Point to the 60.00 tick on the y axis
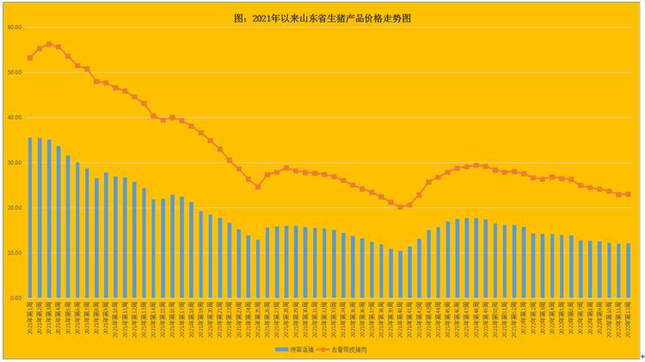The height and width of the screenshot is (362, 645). [x=14, y=28]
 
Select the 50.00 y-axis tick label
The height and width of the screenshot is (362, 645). [x=14, y=72]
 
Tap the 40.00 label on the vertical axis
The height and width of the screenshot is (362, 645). [x=14, y=118]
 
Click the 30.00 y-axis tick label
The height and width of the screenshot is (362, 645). [x=14, y=163]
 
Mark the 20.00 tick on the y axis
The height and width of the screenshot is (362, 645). [x=14, y=208]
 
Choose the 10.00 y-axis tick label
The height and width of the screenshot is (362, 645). [x=14, y=253]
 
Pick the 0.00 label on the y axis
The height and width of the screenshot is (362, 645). [x=15, y=298]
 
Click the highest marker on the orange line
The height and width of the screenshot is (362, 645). [x=49, y=44]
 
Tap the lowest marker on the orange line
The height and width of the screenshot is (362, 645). [x=400, y=207]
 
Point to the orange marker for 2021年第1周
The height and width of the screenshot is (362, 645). [x=30, y=58]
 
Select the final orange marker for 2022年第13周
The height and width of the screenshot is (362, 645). [x=629, y=194]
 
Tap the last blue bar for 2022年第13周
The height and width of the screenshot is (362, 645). [x=629, y=271]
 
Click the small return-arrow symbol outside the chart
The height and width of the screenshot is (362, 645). [x=641, y=356]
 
